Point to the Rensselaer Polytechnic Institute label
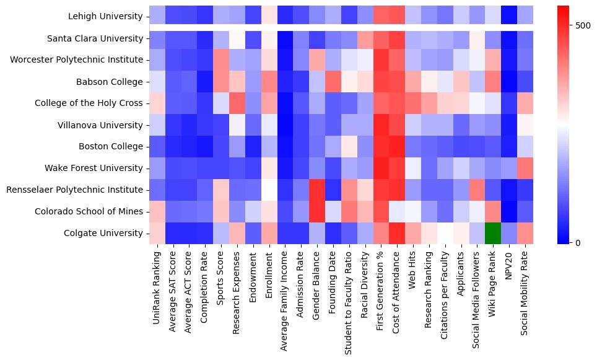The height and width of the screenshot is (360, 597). click(x=75, y=190)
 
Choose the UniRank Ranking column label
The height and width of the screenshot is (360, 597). click(x=157, y=288)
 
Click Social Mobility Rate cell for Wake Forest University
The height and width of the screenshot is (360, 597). click(x=525, y=168)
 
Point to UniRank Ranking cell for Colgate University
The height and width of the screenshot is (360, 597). click(x=157, y=233)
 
